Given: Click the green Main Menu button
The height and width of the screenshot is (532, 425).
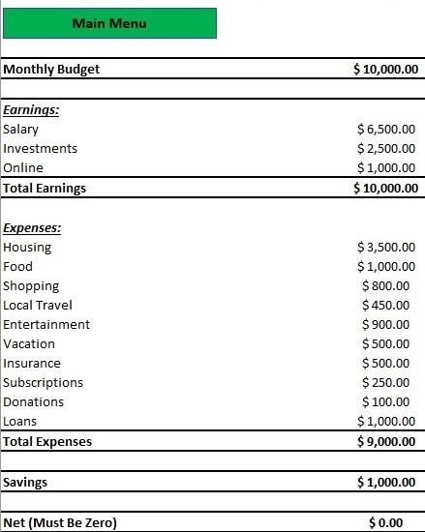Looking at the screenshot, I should [x=108, y=23].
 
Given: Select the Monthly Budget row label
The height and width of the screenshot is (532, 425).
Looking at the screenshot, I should [x=51, y=69].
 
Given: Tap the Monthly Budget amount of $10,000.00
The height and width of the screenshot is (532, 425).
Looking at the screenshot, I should [x=385, y=69].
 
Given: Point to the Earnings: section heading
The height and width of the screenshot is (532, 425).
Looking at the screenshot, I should [x=31, y=109].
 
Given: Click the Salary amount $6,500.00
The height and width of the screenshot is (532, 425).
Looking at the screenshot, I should [x=387, y=129].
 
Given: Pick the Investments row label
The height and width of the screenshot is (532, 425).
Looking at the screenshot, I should [x=41, y=148].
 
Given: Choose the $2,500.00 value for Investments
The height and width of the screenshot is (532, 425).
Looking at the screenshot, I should [x=387, y=148].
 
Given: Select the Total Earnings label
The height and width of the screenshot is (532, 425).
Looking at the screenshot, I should [x=45, y=188].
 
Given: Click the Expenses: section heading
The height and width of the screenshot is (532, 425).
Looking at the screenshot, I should [x=32, y=228].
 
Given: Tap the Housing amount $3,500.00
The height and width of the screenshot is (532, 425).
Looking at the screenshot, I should [x=387, y=247].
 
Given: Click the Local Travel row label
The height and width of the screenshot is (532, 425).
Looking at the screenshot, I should [x=38, y=305].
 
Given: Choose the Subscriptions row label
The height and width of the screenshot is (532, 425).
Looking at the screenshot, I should [x=44, y=382].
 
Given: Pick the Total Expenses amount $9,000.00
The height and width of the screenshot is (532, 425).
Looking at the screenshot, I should [x=387, y=441].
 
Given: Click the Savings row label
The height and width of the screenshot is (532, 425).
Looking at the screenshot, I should [x=25, y=482].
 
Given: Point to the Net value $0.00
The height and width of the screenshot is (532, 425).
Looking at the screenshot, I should [x=392, y=522].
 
